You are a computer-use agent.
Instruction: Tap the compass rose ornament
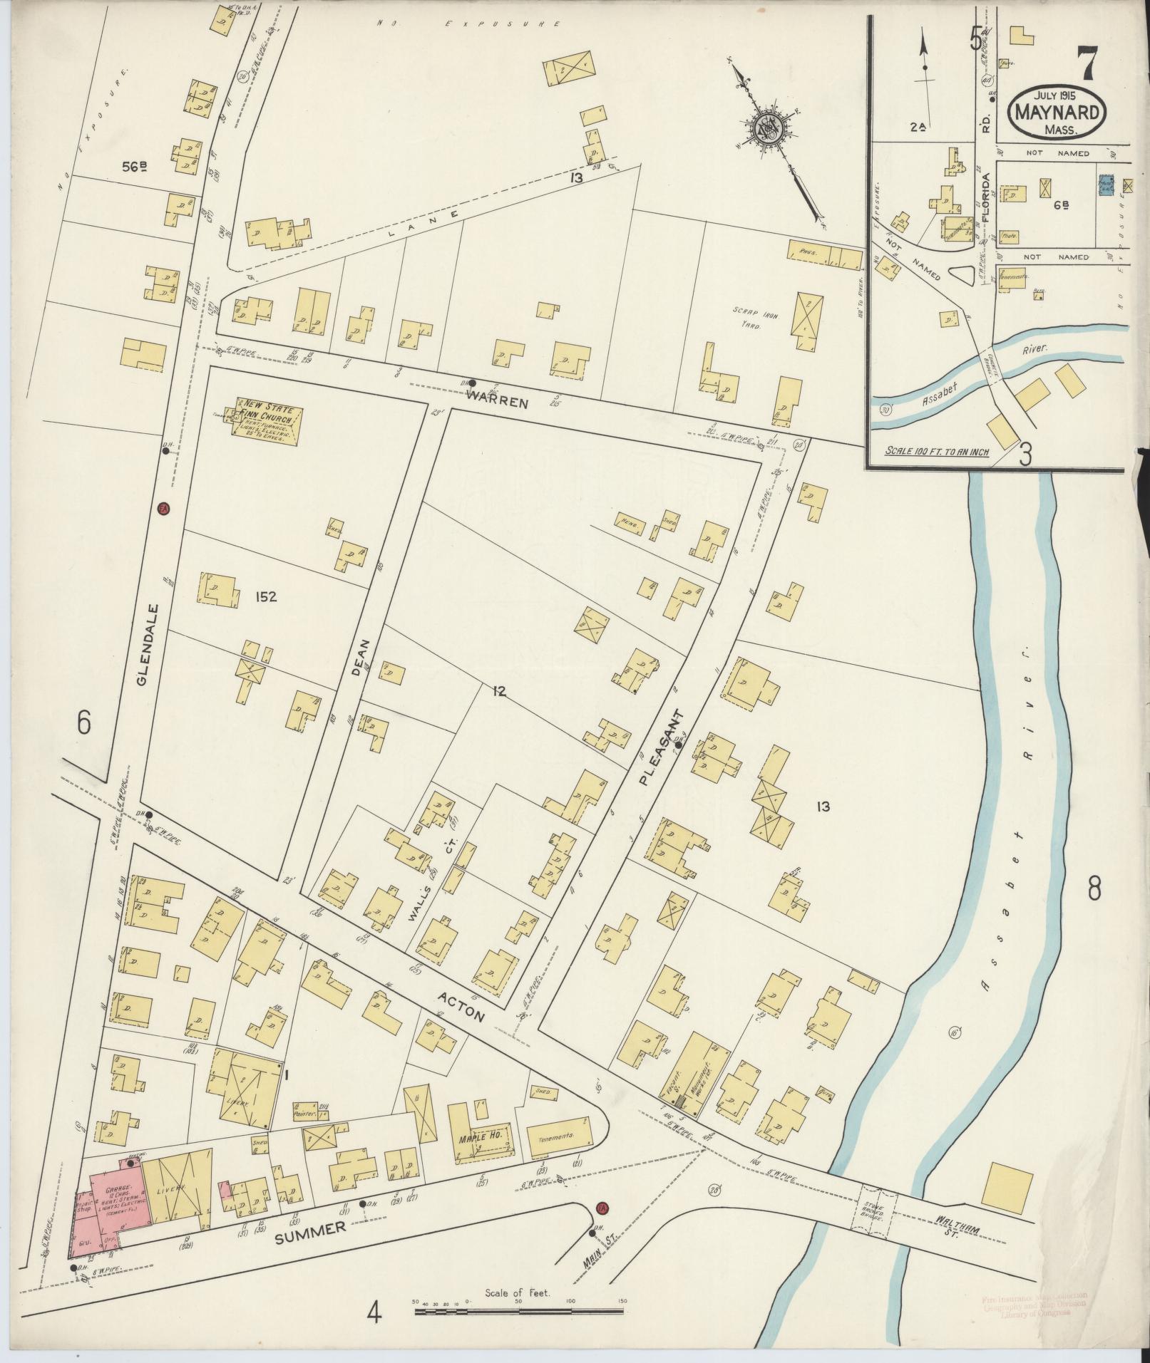770,129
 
